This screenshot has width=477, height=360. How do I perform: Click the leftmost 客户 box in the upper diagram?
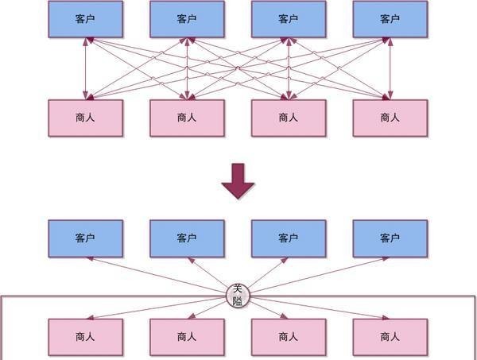(86, 19)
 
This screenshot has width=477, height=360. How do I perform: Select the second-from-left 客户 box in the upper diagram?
(187, 19)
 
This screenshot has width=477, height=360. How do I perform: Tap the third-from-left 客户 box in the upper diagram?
(289, 19)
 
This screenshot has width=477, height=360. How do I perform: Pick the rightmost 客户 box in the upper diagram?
(390, 19)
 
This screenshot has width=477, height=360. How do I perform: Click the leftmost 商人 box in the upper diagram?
(86, 118)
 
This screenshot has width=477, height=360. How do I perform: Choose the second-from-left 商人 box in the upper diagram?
(187, 118)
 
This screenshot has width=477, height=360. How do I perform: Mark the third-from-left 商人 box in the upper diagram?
(289, 118)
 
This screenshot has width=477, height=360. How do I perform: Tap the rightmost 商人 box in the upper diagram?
(390, 118)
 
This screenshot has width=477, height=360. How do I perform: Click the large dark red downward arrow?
(238, 180)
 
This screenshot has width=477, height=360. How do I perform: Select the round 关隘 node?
(238, 295)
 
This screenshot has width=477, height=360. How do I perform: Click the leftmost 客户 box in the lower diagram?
(86, 238)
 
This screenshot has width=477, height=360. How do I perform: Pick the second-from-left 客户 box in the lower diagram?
(187, 238)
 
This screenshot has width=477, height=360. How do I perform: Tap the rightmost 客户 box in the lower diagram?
(390, 238)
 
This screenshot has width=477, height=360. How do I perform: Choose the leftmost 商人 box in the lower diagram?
(86, 337)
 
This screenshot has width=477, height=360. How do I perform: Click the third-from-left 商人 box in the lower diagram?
(289, 337)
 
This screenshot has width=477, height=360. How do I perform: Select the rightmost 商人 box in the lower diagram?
(390, 337)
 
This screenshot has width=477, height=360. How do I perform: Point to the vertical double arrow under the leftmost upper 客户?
(86, 68)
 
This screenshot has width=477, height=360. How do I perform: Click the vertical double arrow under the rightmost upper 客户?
(390, 68)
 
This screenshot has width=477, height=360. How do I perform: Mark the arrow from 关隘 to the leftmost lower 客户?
(159, 275)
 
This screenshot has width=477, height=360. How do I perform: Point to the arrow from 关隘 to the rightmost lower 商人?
(318, 308)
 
